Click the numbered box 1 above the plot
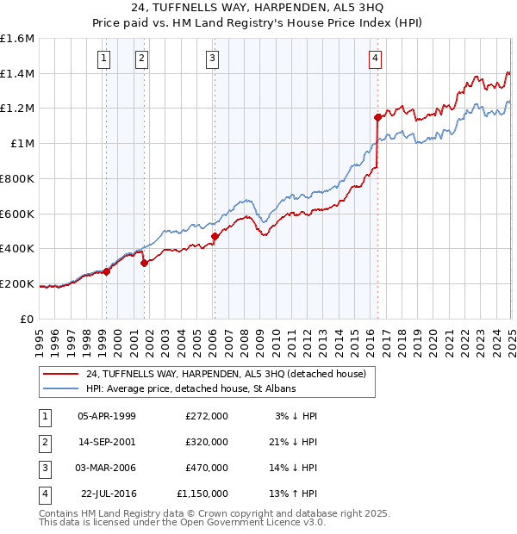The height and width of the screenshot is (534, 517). pos(103,59)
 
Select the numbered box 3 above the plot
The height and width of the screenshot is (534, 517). pos(212,59)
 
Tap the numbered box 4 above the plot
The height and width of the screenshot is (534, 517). pos(376,59)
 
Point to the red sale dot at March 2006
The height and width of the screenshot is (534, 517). pos(215,236)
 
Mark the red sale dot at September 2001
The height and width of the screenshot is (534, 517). pos(144,263)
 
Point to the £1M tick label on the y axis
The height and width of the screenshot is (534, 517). pos(22,144)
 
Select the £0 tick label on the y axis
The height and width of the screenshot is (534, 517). pos(28,319)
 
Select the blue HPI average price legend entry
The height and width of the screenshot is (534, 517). pos(190,389)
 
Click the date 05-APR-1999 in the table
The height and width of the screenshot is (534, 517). pos(107,416)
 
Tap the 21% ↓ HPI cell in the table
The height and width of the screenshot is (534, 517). pos(293,442)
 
